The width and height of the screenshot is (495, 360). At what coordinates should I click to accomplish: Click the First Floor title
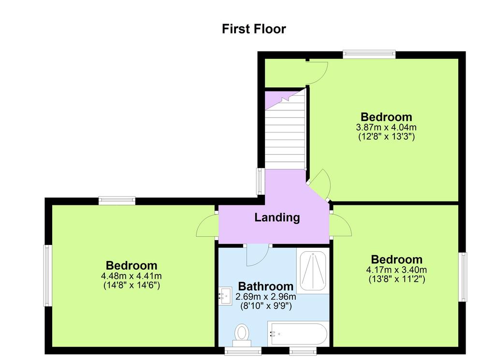(x=254, y=29)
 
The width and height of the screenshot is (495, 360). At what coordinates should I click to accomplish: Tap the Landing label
(x=277, y=217)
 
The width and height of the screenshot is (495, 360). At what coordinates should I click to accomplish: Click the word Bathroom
(x=265, y=286)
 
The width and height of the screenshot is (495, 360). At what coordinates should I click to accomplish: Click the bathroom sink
(x=225, y=296)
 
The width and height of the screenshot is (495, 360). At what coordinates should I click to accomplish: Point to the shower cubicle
(x=313, y=271)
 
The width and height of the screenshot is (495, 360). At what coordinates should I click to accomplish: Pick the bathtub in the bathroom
(x=298, y=334)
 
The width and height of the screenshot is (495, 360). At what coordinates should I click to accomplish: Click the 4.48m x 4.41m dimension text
(x=131, y=276)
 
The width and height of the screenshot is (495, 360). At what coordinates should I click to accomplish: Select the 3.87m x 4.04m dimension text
(x=386, y=128)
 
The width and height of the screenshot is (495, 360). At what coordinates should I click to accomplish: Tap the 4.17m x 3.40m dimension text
(x=396, y=270)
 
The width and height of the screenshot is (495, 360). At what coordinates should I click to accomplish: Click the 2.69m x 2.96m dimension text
(x=266, y=297)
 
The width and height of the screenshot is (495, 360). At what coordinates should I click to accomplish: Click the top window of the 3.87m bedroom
(x=369, y=54)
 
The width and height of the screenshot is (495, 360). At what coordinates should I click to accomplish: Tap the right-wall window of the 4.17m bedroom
(x=463, y=277)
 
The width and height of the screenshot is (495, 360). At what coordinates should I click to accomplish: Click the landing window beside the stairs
(x=261, y=181)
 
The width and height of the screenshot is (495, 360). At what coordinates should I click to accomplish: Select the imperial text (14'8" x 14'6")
(x=131, y=285)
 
